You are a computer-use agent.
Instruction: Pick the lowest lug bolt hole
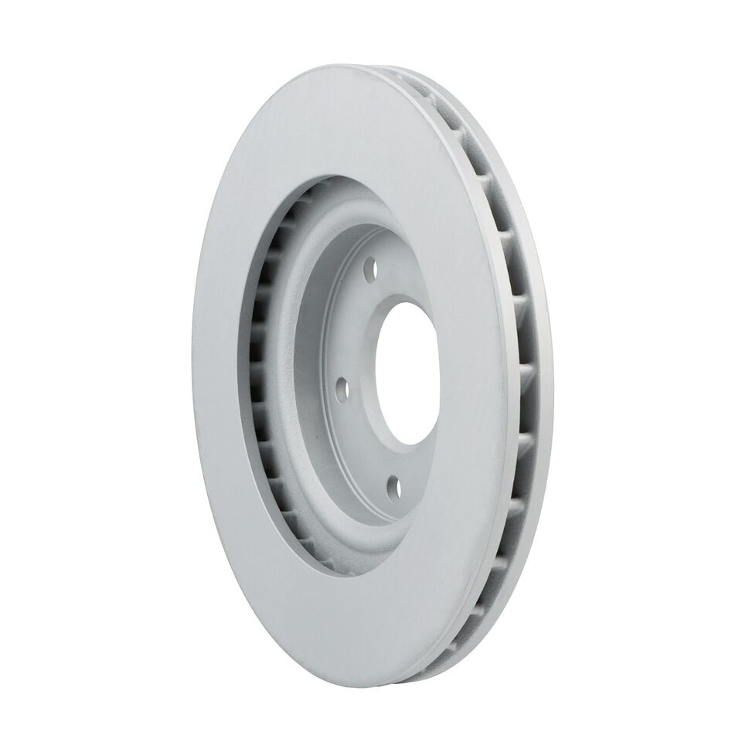point(392,486)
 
